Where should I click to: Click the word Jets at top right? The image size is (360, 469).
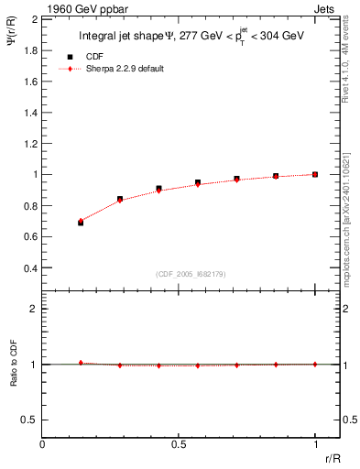click(325, 7)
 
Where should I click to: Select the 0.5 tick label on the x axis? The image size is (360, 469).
click(179, 444)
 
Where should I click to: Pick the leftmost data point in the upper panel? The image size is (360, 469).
click(81, 222)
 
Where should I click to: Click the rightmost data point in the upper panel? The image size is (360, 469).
click(315, 174)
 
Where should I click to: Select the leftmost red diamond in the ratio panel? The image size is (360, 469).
click(81, 363)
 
